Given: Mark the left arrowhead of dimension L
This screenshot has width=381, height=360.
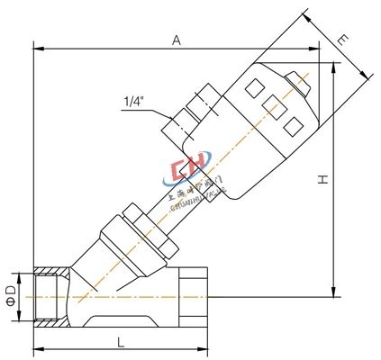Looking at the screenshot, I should [37, 350].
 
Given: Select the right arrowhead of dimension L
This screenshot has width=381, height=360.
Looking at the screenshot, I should [206, 350].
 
